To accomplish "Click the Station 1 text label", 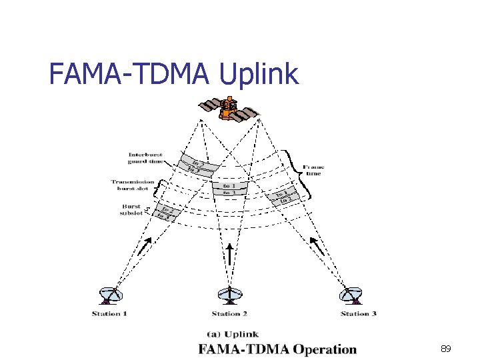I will (110, 313).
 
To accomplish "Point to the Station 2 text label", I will (230, 313).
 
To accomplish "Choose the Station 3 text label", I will (359, 313).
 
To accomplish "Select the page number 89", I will (446, 349).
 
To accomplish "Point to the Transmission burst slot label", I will (133, 185).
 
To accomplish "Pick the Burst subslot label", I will (130, 210).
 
